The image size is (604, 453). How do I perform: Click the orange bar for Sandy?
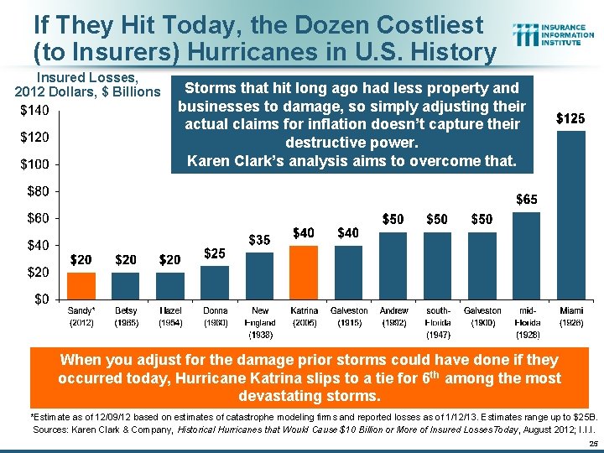coord(81,285)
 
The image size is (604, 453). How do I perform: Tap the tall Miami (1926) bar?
coord(571,215)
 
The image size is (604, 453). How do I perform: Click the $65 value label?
coord(526,200)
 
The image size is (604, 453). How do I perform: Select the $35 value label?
coord(259,240)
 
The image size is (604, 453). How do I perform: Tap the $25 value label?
coord(215,253)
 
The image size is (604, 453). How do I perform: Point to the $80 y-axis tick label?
coord(36,191)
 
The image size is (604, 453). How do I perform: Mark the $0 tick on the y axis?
coord(39,299)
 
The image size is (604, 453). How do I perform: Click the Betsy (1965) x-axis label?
coord(126,316)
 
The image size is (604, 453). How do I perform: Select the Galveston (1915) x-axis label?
coord(349,316)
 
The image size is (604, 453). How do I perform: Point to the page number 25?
coord(592,444)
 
